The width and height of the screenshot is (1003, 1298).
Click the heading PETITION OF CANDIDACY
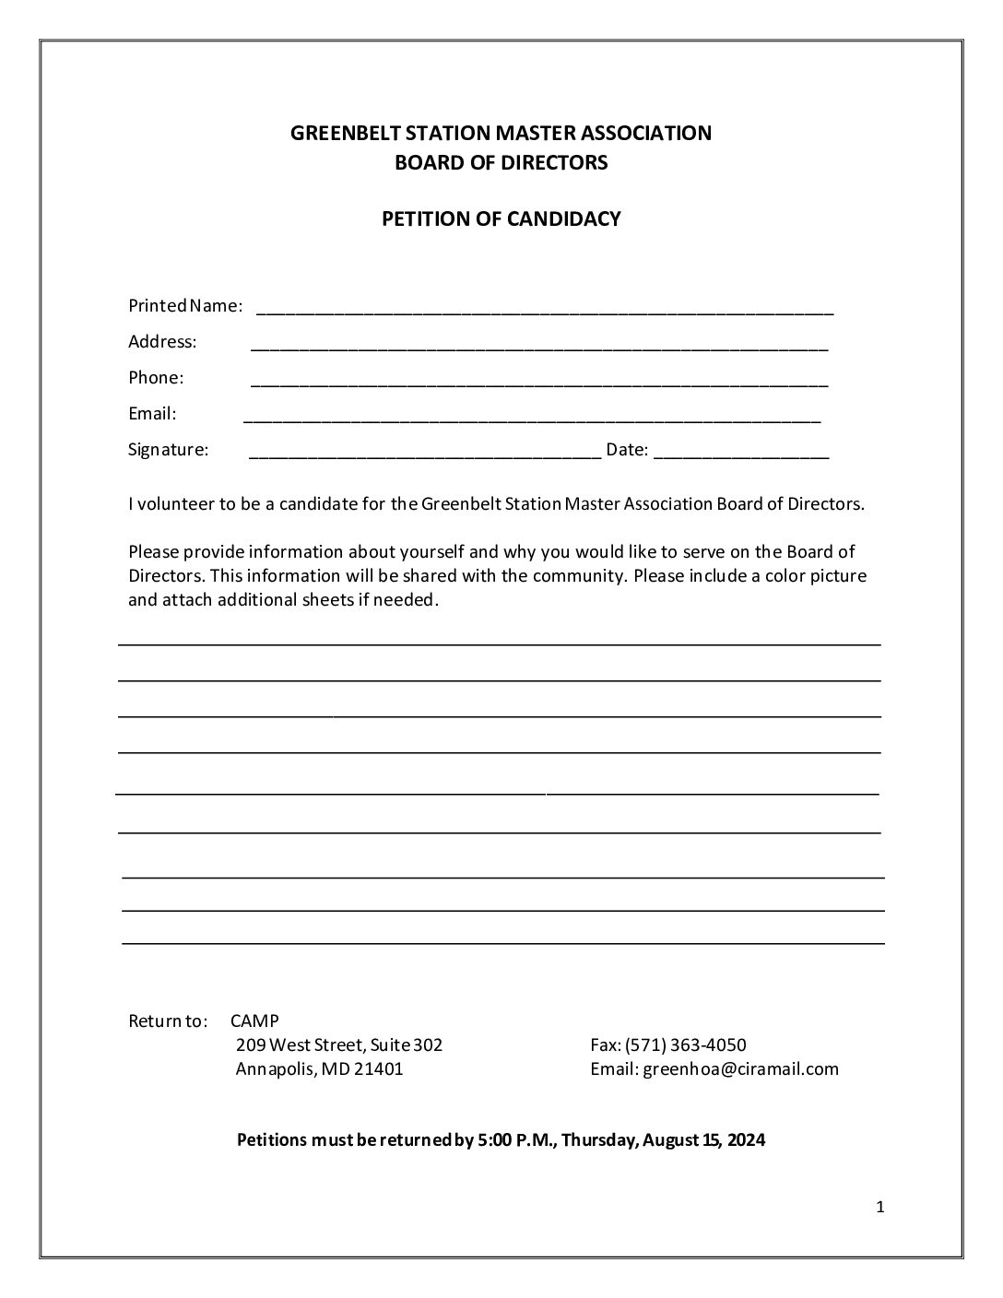(x=501, y=218)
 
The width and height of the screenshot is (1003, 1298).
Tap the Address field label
(x=162, y=341)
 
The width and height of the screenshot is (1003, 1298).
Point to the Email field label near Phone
(x=152, y=413)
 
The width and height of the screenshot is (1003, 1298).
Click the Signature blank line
(x=425, y=454)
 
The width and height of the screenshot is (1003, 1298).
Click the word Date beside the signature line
(x=627, y=450)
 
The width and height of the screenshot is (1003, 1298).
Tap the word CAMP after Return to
(x=254, y=1021)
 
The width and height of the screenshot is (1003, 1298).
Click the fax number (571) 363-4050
(x=686, y=1044)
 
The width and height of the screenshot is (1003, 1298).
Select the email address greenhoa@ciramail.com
(x=740, y=1068)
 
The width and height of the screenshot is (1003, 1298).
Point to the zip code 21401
(x=378, y=1068)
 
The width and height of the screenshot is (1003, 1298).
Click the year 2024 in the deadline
(x=746, y=1139)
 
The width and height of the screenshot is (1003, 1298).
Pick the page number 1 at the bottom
(x=880, y=1207)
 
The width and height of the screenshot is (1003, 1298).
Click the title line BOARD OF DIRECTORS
(x=501, y=162)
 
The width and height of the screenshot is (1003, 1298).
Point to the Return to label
(x=168, y=1021)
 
